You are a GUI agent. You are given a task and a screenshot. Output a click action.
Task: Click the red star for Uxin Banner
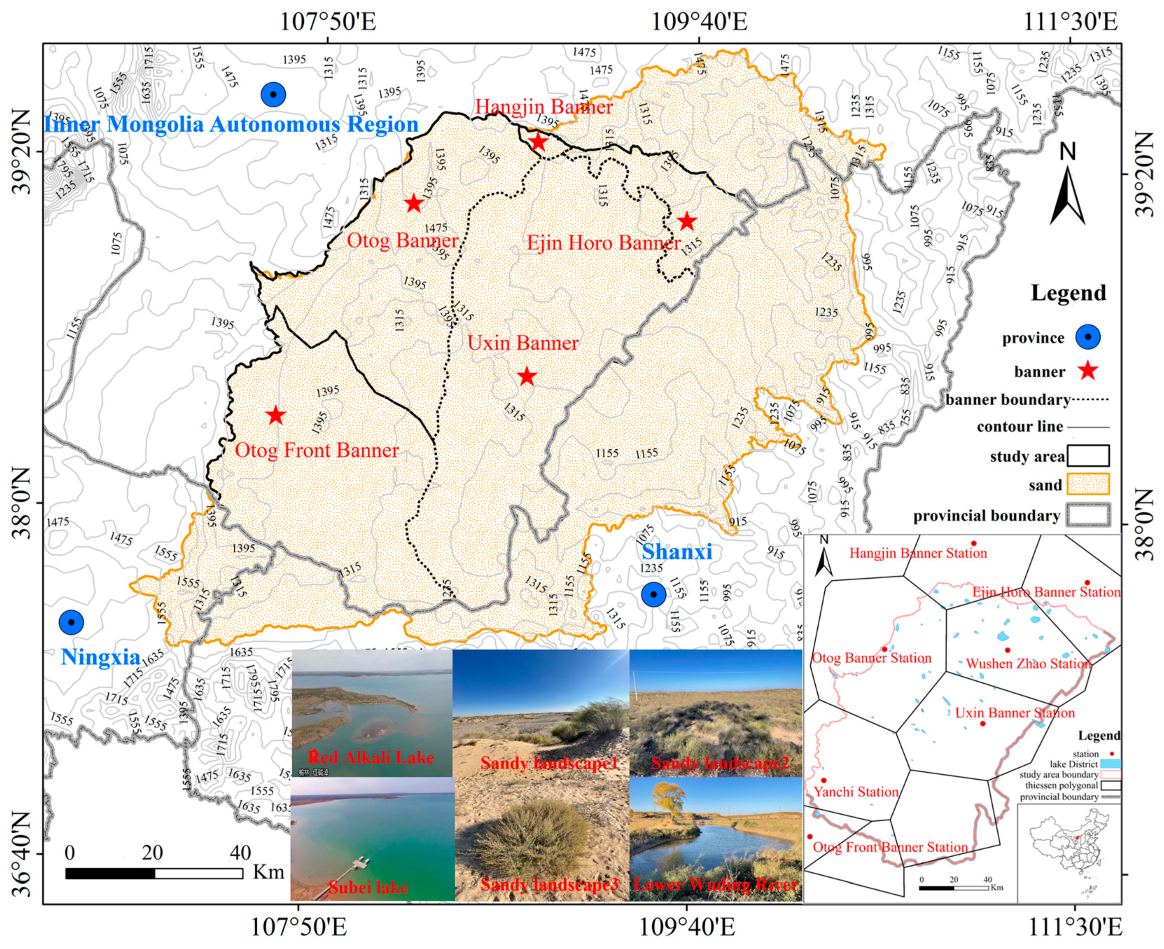(526, 376)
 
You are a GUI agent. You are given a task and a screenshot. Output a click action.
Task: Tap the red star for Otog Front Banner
(276, 416)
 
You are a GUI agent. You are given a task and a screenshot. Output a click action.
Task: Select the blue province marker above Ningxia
(71, 622)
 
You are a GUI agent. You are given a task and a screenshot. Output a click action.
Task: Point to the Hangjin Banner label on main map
(544, 107)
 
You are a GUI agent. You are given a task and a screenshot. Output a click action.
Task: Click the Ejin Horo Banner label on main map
(603, 243)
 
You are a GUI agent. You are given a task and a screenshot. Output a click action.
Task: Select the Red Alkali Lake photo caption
(372, 757)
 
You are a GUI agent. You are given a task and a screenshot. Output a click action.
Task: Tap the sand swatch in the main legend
(1088, 484)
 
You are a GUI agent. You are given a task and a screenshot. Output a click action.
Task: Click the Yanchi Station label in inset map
(856, 792)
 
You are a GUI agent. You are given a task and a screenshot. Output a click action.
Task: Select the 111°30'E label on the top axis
(1070, 22)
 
